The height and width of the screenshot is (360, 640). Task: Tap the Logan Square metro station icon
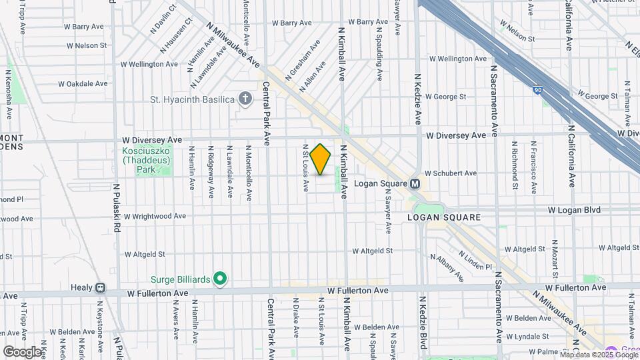click(x=415, y=184)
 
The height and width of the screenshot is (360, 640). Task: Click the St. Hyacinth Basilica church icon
click(x=245, y=100)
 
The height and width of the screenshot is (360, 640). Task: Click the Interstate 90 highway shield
click(x=537, y=90)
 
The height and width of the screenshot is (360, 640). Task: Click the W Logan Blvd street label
click(x=574, y=210)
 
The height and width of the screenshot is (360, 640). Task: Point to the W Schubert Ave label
click(x=450, y=173)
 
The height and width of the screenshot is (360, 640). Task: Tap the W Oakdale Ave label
click(x=83, y=84)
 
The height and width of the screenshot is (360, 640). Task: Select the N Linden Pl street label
click(x=475, y=261)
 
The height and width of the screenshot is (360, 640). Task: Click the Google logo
click(x=22, y=351)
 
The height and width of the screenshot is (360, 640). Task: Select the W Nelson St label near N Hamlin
click(x=87, y=45)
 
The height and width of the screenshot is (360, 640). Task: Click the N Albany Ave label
click(x=447, y=266)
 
